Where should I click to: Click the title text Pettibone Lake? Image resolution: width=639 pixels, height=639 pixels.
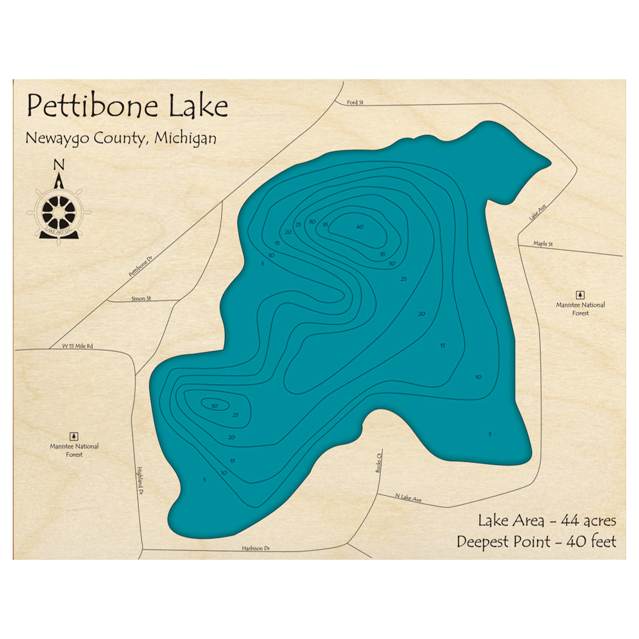pos(127,106)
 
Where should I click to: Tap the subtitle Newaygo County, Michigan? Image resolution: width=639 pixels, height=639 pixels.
pos(121,138)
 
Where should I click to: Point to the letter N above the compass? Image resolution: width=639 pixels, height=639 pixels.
pos(59,164)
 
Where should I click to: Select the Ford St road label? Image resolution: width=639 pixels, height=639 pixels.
pos(355,102)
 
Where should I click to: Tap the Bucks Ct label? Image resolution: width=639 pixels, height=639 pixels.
pos(378,463)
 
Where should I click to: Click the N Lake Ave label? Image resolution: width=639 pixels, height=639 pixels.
pos(409,498)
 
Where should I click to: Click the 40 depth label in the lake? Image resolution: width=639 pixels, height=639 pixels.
pos(360,227)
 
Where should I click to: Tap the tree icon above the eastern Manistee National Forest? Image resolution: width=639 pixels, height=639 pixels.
pos(580,295)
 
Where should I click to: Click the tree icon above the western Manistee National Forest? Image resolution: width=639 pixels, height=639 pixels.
pos(75,436)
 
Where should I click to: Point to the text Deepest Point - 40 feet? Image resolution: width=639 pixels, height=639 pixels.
pos(537,542)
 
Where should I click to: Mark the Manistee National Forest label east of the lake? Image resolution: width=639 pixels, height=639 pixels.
pos(580,309)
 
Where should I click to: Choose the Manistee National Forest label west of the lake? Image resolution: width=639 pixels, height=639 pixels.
pos(75,450)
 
